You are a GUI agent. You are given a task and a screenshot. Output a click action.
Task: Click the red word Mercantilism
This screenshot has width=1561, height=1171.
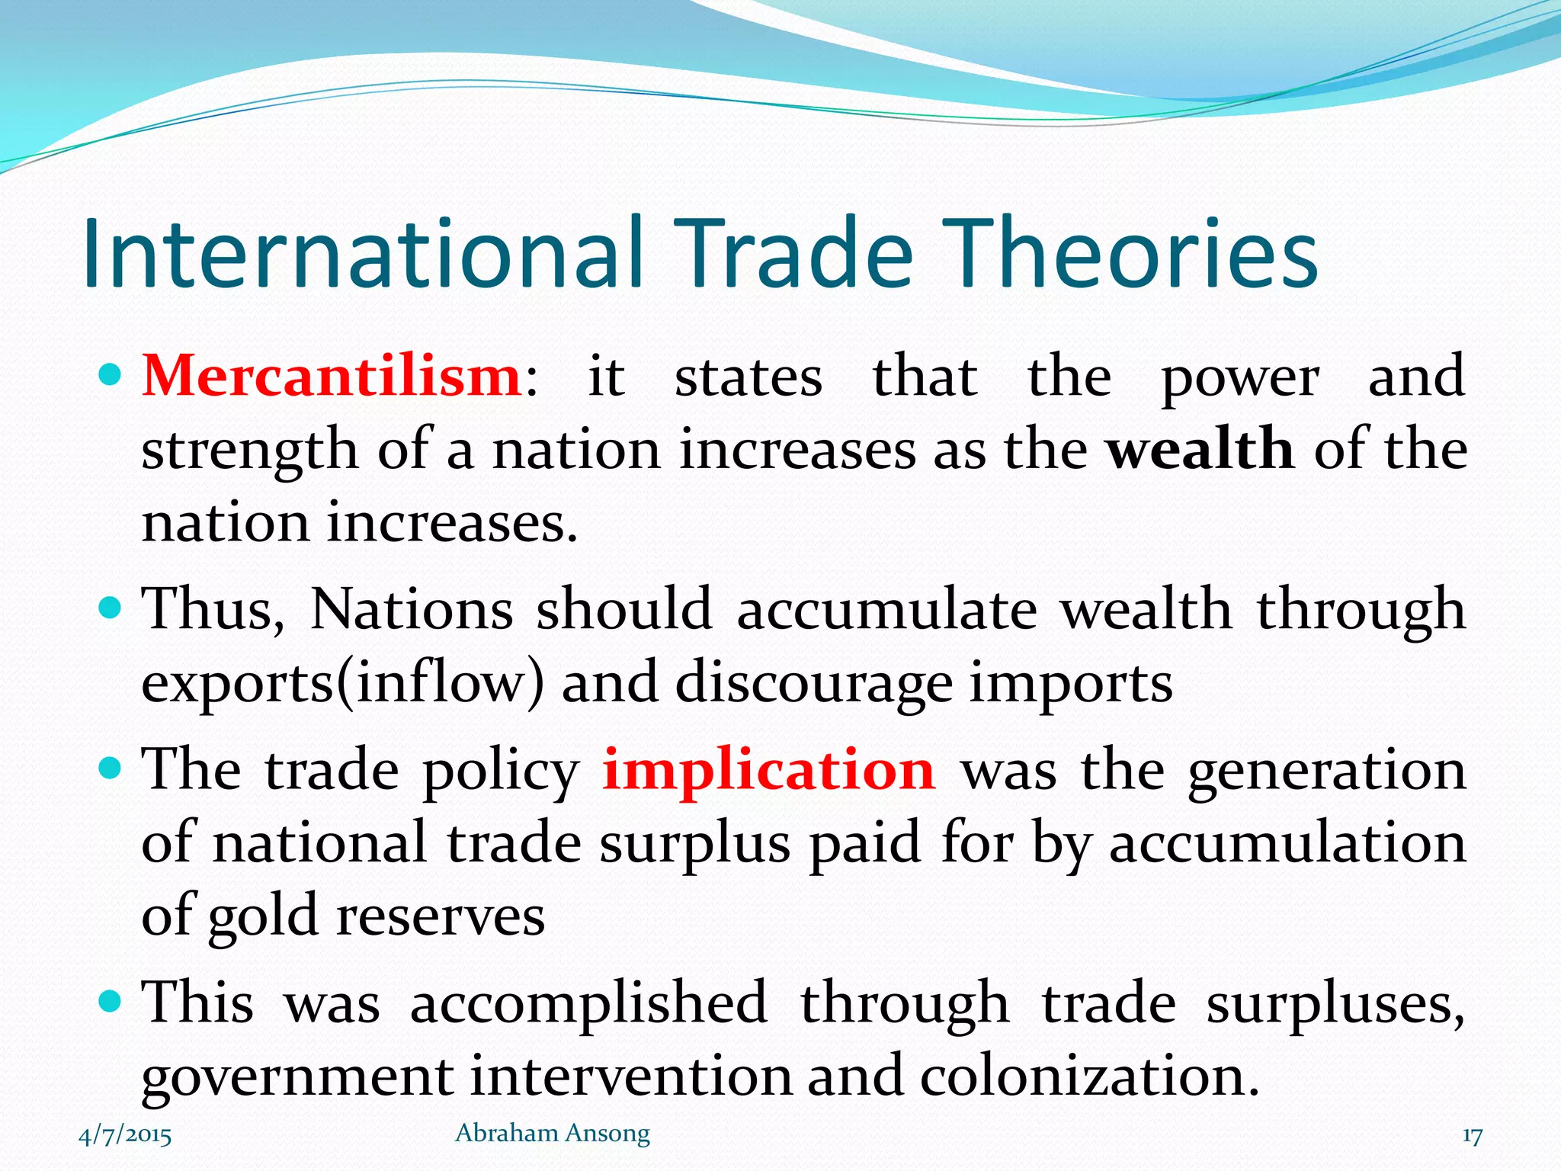coord(332,377)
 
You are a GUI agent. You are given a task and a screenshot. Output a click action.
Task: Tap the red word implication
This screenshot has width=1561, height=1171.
coord(768,770)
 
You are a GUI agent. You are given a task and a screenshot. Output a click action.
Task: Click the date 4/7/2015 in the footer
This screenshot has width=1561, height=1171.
coord(125,1135)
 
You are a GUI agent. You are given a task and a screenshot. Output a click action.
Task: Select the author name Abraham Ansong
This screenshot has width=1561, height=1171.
coord(553,1134)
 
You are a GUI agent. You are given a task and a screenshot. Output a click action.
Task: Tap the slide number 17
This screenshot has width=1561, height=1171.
coord(1472,1136)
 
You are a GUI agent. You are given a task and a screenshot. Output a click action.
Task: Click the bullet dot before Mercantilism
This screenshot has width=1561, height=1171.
coord(111,376)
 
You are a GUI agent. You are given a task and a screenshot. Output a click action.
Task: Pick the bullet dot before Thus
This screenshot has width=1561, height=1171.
coord(111,608)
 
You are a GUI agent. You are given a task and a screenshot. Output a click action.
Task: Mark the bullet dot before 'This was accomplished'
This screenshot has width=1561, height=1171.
coord(111,1001)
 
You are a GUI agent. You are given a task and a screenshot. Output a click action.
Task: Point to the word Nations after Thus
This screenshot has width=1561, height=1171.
coord(412,610)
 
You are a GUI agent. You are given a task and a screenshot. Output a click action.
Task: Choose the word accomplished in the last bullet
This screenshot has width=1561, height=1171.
coord(588,1003)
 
